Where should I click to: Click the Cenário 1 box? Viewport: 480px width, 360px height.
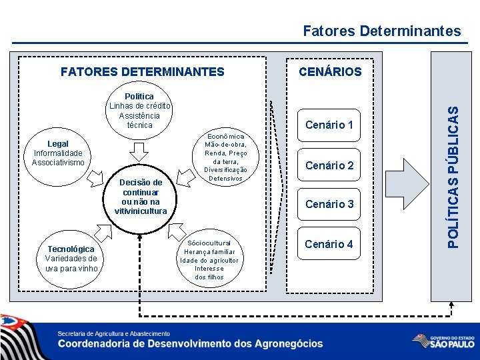(x=329, y=125)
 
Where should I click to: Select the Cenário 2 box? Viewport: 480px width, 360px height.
(x=329, y=165)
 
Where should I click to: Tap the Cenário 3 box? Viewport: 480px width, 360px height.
(x=329, y=204)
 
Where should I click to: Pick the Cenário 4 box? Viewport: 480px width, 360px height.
(x=329, y=244)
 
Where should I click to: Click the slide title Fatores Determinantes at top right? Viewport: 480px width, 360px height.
(x=381, y=31)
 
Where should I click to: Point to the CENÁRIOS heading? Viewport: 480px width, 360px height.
(x=330, y=71)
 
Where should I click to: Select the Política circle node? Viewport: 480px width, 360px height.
(x=140, y=111)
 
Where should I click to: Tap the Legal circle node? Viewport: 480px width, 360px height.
(x=58, y=153)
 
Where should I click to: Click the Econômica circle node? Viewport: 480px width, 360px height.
(x=225, y=157)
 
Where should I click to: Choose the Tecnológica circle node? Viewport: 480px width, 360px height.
(x=71, y=259)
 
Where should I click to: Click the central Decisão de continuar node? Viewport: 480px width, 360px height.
(x=140, y=197)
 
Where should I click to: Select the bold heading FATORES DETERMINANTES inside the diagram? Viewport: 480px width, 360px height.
(x=142, y=71)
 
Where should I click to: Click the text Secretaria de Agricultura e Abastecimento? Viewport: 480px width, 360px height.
(x=113, y=333)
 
